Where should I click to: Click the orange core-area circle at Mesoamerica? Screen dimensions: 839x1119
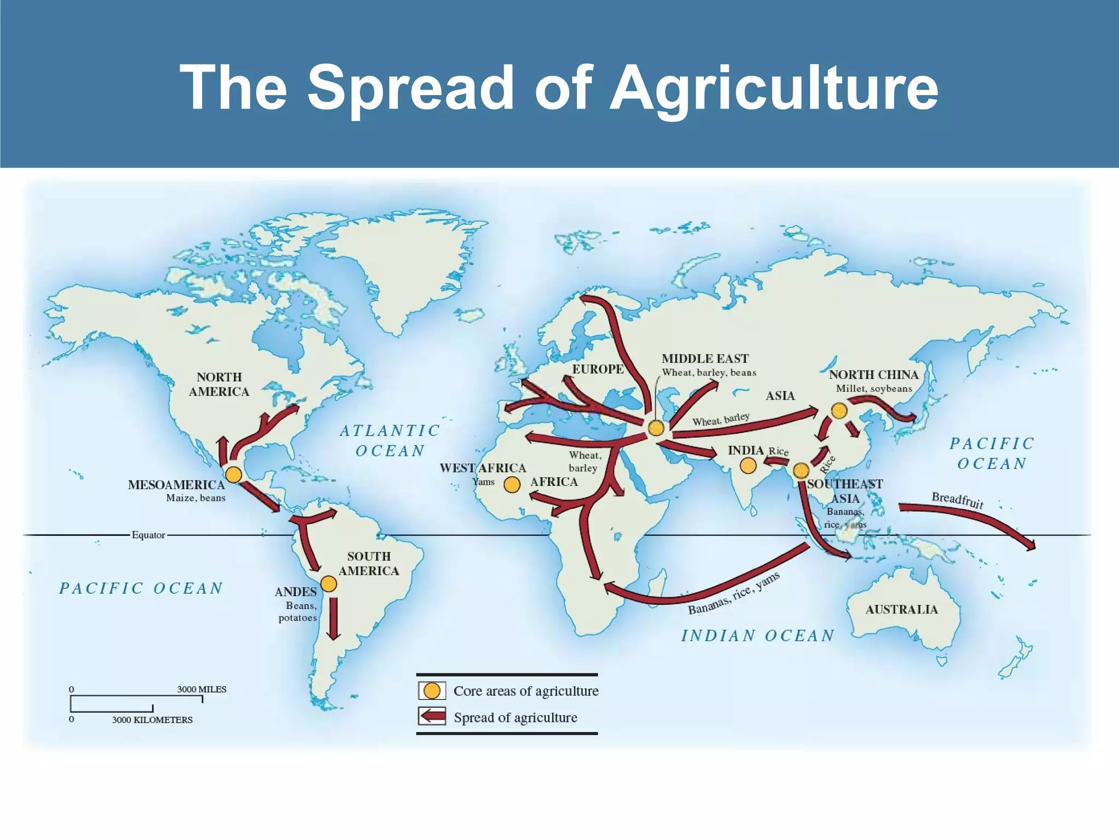(x=233, y=474)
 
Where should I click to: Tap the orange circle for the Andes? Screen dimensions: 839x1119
(x=328, y=584)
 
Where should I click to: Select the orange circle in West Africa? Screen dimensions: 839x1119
(x=512, y=485)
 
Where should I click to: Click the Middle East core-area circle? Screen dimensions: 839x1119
(x=656, y=428)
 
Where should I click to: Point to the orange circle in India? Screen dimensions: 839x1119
(x=748, y=465)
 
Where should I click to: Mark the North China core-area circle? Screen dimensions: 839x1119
(x=839, y=410)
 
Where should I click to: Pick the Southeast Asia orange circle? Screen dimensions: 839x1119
(x=801, y=470)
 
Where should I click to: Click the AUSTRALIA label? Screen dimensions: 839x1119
(x=902, y=610)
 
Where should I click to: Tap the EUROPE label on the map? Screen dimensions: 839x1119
(x=598, y=369)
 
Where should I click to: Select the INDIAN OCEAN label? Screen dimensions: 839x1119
(x=758, y=636)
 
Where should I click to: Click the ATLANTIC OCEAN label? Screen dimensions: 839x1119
(x=390, y=441)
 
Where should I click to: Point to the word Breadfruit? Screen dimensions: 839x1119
(x=957, y=499)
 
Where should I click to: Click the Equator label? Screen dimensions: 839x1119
(x=148, y=535)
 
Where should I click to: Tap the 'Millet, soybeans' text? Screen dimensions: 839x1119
(x=874, y=389)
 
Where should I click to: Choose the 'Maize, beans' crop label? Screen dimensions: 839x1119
(x=196, y=498)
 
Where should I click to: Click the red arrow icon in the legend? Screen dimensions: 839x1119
(x=432, y=717)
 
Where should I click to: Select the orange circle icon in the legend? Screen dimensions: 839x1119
(x=432, y=690)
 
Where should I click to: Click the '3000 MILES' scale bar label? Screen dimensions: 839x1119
(x=202, y=689)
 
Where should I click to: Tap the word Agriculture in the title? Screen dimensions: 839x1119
(x=774, y=87)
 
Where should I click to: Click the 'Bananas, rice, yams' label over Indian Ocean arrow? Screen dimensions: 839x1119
(x=733, y=594)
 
